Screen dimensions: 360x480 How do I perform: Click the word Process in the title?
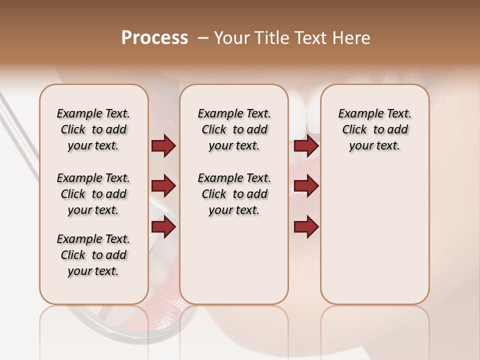click(x=154, y=38)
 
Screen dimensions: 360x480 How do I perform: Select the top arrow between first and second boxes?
click(x=163, y=146)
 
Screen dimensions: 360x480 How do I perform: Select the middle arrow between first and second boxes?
click(x=163, y=186)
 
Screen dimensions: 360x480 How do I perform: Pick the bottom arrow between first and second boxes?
click(x=163, y=227)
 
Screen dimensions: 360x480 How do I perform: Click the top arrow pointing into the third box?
click(x=306, y=146)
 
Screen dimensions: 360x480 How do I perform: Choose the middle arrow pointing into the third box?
click(x=306, y=186)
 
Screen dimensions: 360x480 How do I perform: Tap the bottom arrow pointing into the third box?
click(x=306, y=227)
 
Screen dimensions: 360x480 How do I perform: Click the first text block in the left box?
click(x=93, y=129)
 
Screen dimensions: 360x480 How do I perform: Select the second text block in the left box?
click(x=93, y=194)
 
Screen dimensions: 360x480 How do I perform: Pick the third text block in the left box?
click(x=93, y=255)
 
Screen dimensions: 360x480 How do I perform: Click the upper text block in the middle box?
click(x=234, y=129)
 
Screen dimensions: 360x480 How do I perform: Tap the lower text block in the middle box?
click(x=234, y=194)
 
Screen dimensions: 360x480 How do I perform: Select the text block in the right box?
click(x=375, y=129)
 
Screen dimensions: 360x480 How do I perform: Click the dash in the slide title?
click(x=203, y=38)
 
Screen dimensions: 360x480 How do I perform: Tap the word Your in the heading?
click(x=231, y=38)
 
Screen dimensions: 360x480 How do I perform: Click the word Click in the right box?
click(x=354, y=129)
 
